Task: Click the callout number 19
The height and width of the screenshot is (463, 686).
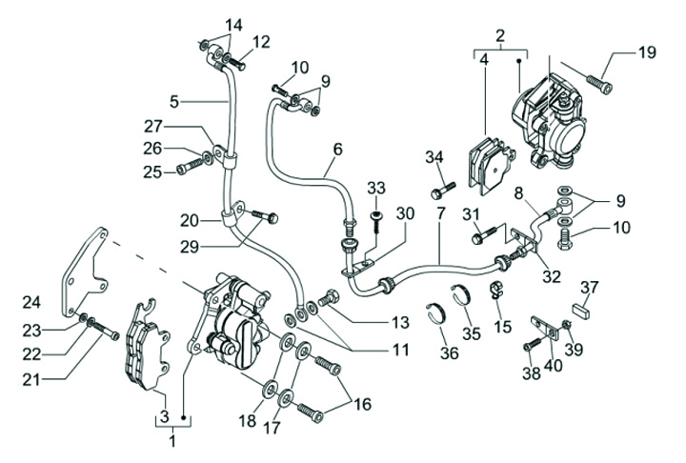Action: pos(647,52)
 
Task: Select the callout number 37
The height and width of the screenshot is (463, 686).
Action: pos(591,288)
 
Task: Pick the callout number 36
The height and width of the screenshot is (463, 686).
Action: pos(449,353)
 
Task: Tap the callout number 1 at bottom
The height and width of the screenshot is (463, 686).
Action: pos(172,441)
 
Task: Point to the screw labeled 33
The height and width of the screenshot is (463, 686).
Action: pos(375,218)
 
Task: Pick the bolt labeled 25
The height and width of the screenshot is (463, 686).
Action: pos(190,170)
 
